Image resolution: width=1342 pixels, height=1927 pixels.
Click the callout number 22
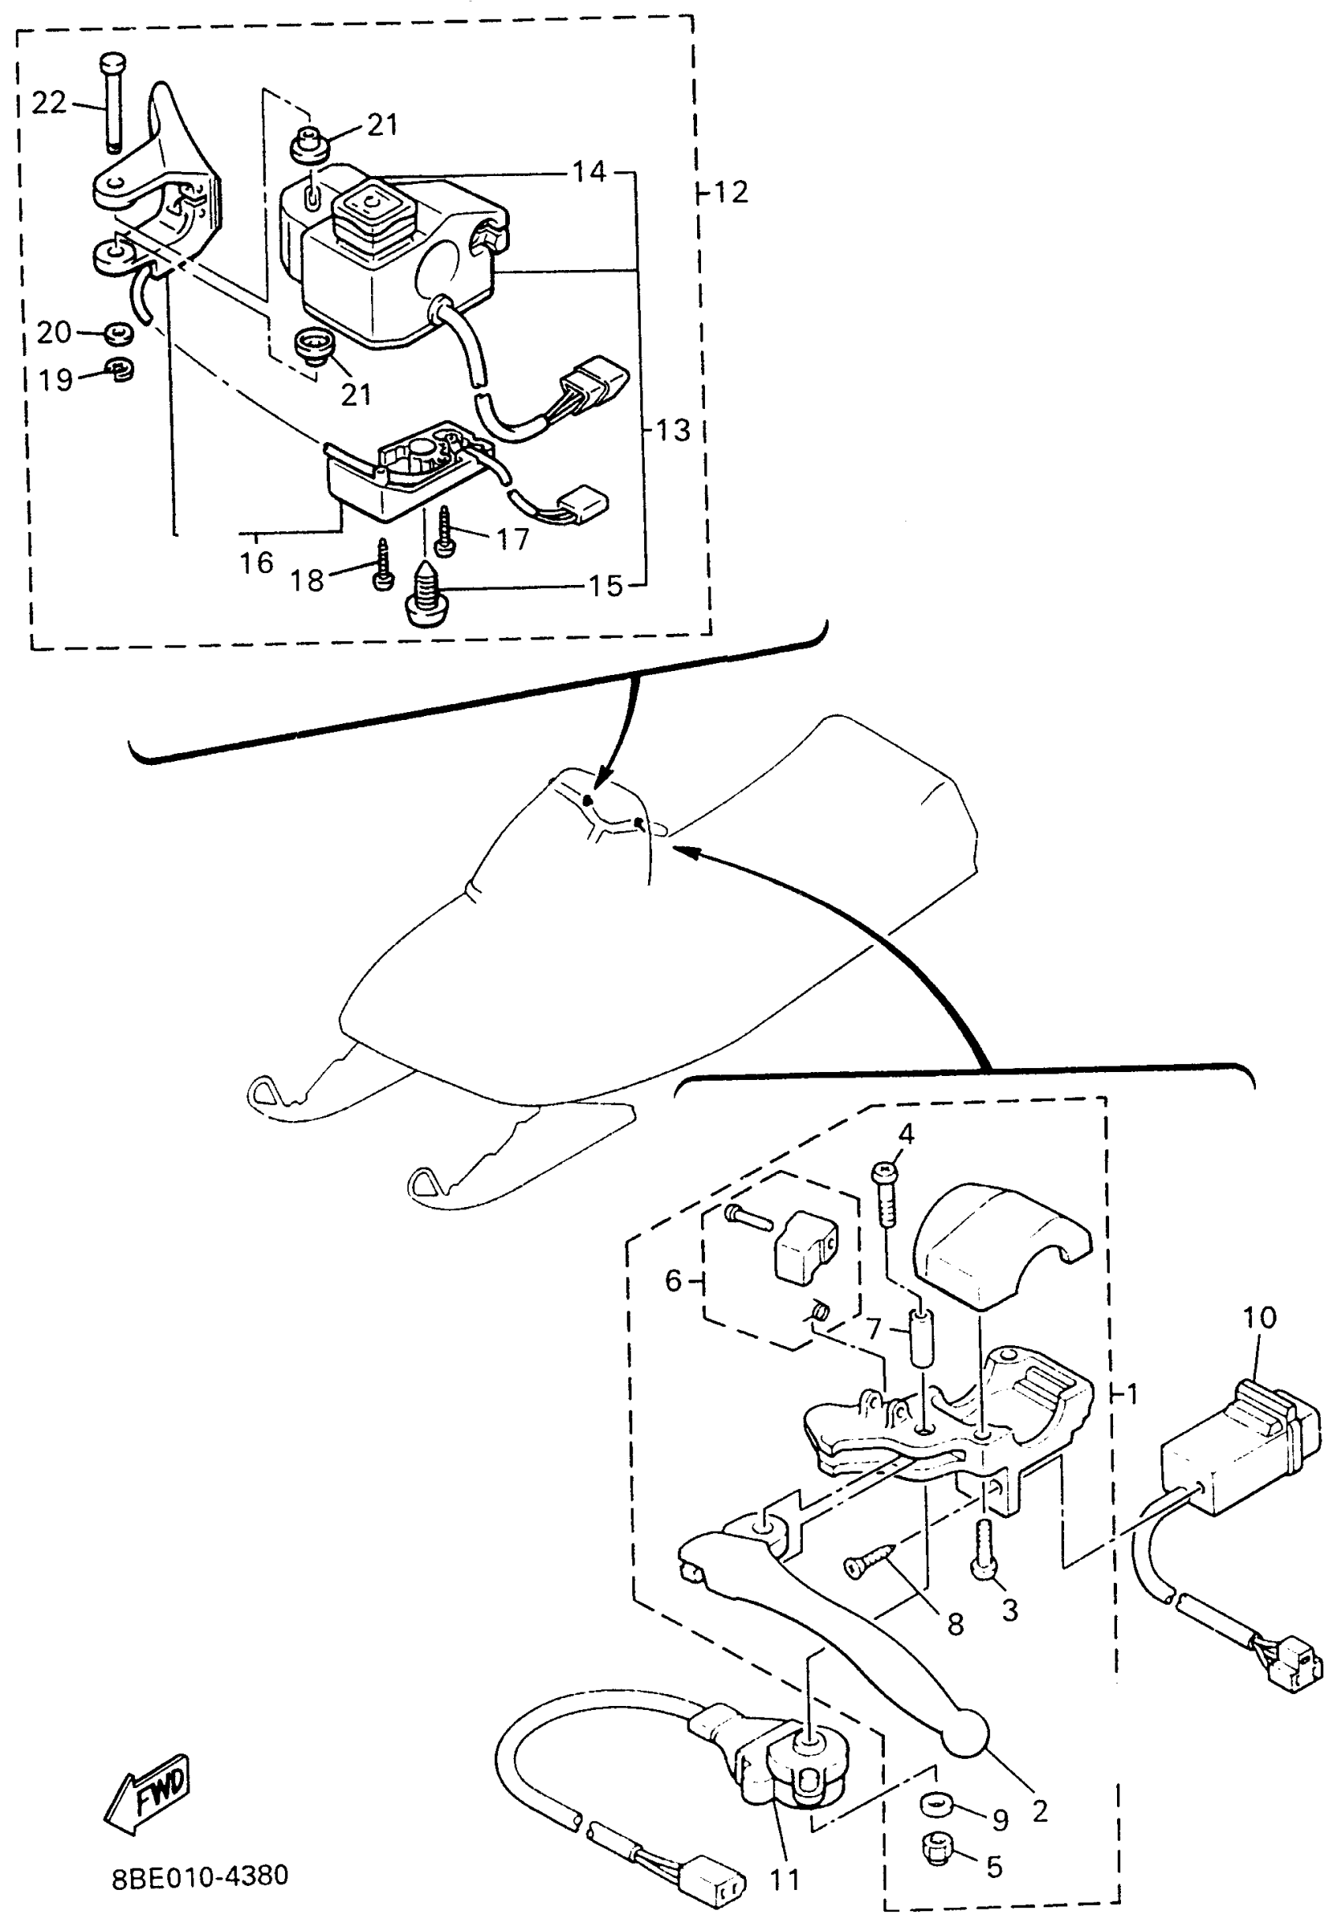point(48,103)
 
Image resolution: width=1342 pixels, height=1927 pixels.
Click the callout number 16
point(256,562)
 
